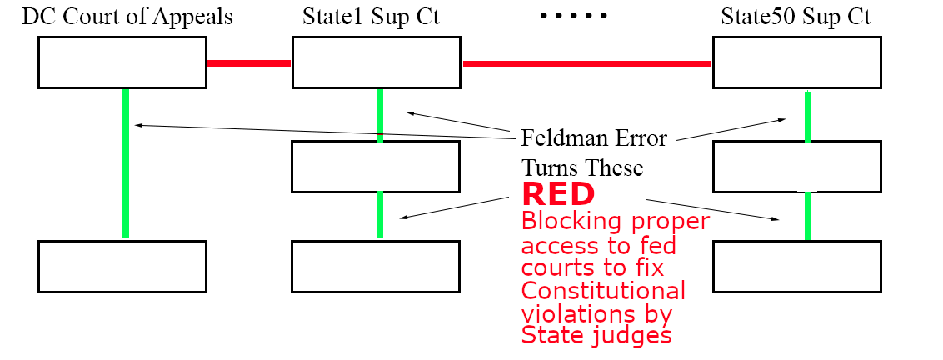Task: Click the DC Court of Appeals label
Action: [127, 17]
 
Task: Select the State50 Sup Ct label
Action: [797, 17]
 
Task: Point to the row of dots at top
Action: [574, 17]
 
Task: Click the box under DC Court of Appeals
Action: [123, 62]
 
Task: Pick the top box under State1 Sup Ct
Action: [376, 62]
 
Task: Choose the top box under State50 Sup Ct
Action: [797, 62]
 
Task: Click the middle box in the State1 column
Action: [376, 167]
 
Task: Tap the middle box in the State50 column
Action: [797, 167]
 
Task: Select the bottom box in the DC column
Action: [123, 267]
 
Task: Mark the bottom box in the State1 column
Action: [376, 267]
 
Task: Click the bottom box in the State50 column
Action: [797, 267]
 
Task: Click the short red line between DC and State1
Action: [249, 63]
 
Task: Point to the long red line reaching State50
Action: [586, 63]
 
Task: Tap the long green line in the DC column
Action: [126, 163]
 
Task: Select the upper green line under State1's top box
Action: [380, 115]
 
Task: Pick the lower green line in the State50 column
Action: [807, 217]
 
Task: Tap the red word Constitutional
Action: [604, 292]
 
